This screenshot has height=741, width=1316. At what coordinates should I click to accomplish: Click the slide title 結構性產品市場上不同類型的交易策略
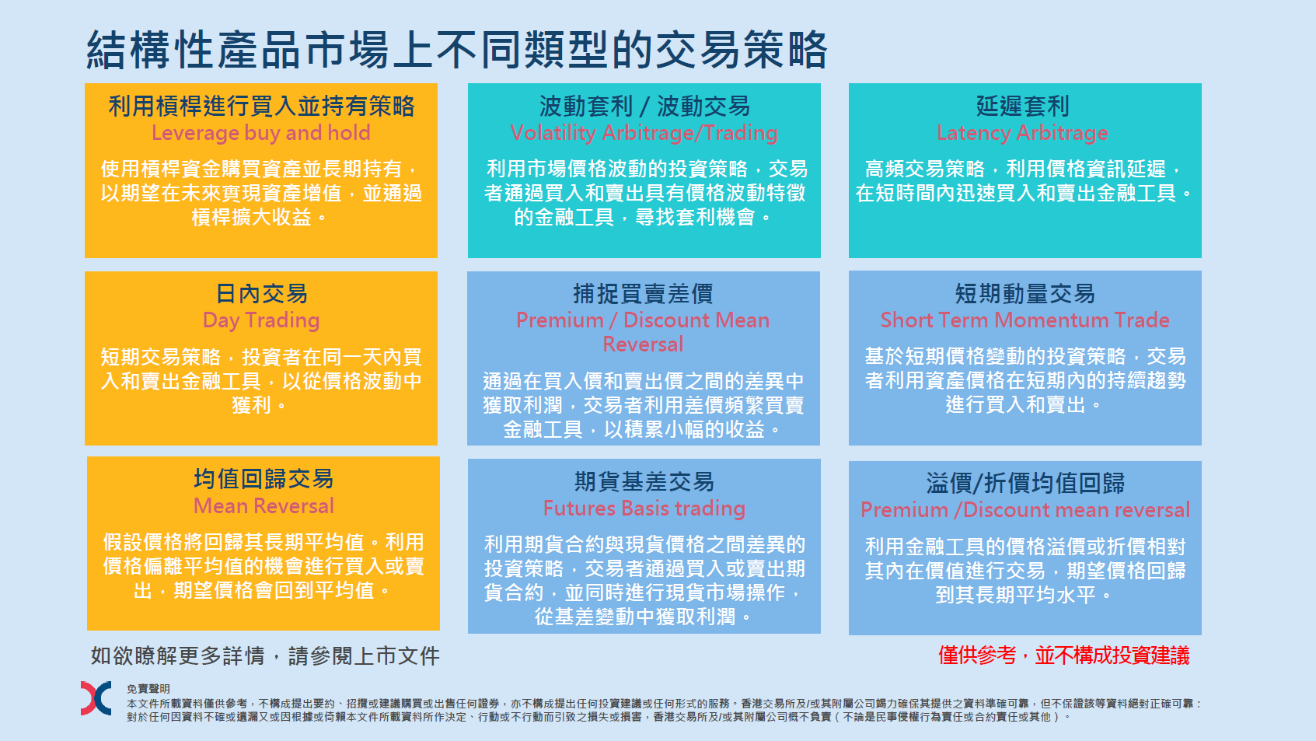[x=457, y=50]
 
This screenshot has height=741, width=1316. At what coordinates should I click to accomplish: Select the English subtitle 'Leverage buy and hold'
[x=261, y=133]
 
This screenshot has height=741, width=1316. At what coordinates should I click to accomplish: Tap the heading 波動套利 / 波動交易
[x=644, y=107]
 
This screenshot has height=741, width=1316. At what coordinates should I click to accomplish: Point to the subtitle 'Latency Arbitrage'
[x=1022, y=133]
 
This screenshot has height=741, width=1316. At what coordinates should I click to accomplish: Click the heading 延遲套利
[x=1023, y=107]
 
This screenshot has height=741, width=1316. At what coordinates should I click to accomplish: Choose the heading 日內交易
[x=261, y=293]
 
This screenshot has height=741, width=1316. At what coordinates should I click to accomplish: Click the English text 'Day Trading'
[x=261, y=320]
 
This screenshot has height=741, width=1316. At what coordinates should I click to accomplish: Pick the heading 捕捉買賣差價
[x=644, y=293]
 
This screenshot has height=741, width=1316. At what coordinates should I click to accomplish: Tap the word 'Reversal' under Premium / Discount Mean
[x=644, y=344]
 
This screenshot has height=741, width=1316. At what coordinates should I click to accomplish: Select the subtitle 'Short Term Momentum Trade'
[x=1025, y=320]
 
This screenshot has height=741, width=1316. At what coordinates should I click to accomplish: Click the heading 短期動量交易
[x=1025, y=293]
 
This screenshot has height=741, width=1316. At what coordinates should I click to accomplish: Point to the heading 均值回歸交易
[x=264, y=479]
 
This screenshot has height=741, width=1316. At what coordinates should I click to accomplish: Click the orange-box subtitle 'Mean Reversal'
[x=264, y=506]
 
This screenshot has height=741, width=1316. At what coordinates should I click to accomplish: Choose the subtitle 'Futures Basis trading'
[x=644, y=509]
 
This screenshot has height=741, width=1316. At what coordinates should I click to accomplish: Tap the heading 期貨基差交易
[x=644, y=482]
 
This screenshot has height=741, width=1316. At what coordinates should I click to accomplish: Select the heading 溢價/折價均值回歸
[x=1025, y=483]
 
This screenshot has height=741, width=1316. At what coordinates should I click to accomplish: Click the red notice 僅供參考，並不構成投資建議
[x=1064, y=655]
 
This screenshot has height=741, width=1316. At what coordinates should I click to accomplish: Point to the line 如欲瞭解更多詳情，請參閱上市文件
[x=265, y=655]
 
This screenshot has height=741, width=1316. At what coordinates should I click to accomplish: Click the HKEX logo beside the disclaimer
[x=96, y=698]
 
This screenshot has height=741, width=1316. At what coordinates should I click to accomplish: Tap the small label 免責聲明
[x=148, y=689]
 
